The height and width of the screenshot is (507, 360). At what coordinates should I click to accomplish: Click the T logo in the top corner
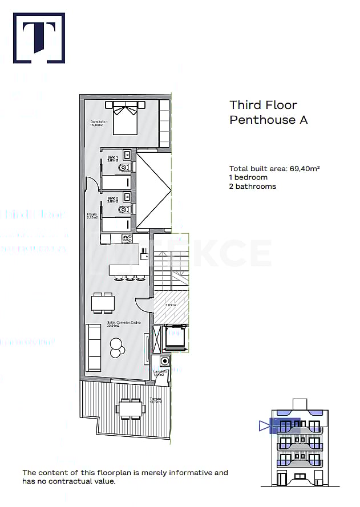pos(39,38)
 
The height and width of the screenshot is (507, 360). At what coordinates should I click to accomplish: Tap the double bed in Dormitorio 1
pos(126,117)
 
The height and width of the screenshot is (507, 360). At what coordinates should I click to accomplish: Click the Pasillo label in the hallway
pos(92,216)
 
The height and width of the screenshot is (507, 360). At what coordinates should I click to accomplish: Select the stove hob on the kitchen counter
pos(126,239)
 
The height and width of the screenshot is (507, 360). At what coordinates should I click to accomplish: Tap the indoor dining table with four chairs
pos(103,303)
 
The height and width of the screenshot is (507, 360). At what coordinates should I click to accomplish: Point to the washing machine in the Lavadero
pos(165,361)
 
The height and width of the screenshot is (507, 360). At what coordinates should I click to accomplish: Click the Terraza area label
pos(155,400)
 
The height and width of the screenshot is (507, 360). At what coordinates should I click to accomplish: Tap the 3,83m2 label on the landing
pos(171,305)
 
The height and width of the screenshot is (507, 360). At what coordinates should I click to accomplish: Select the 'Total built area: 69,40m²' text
pos(274,168)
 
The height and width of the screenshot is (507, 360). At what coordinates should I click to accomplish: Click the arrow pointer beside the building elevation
pos(263,425)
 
